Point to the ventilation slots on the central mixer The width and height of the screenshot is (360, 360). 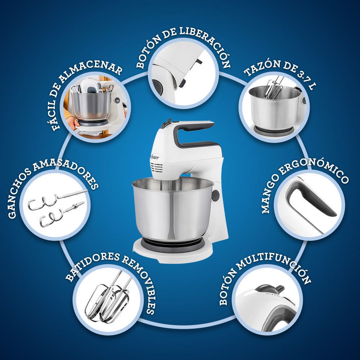coord(156,168)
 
